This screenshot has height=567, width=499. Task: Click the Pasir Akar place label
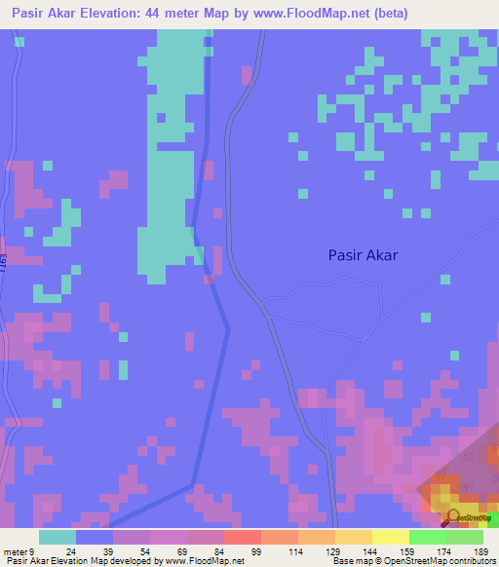pyautogui.click(x=364, y=255)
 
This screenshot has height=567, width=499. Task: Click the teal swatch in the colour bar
pyautogui.click(x=58, y=537)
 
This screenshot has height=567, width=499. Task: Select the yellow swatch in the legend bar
pyautogui.click(x=390, y=537)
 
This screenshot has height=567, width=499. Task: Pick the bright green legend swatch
pyautogui.click(x=427, y=537)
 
